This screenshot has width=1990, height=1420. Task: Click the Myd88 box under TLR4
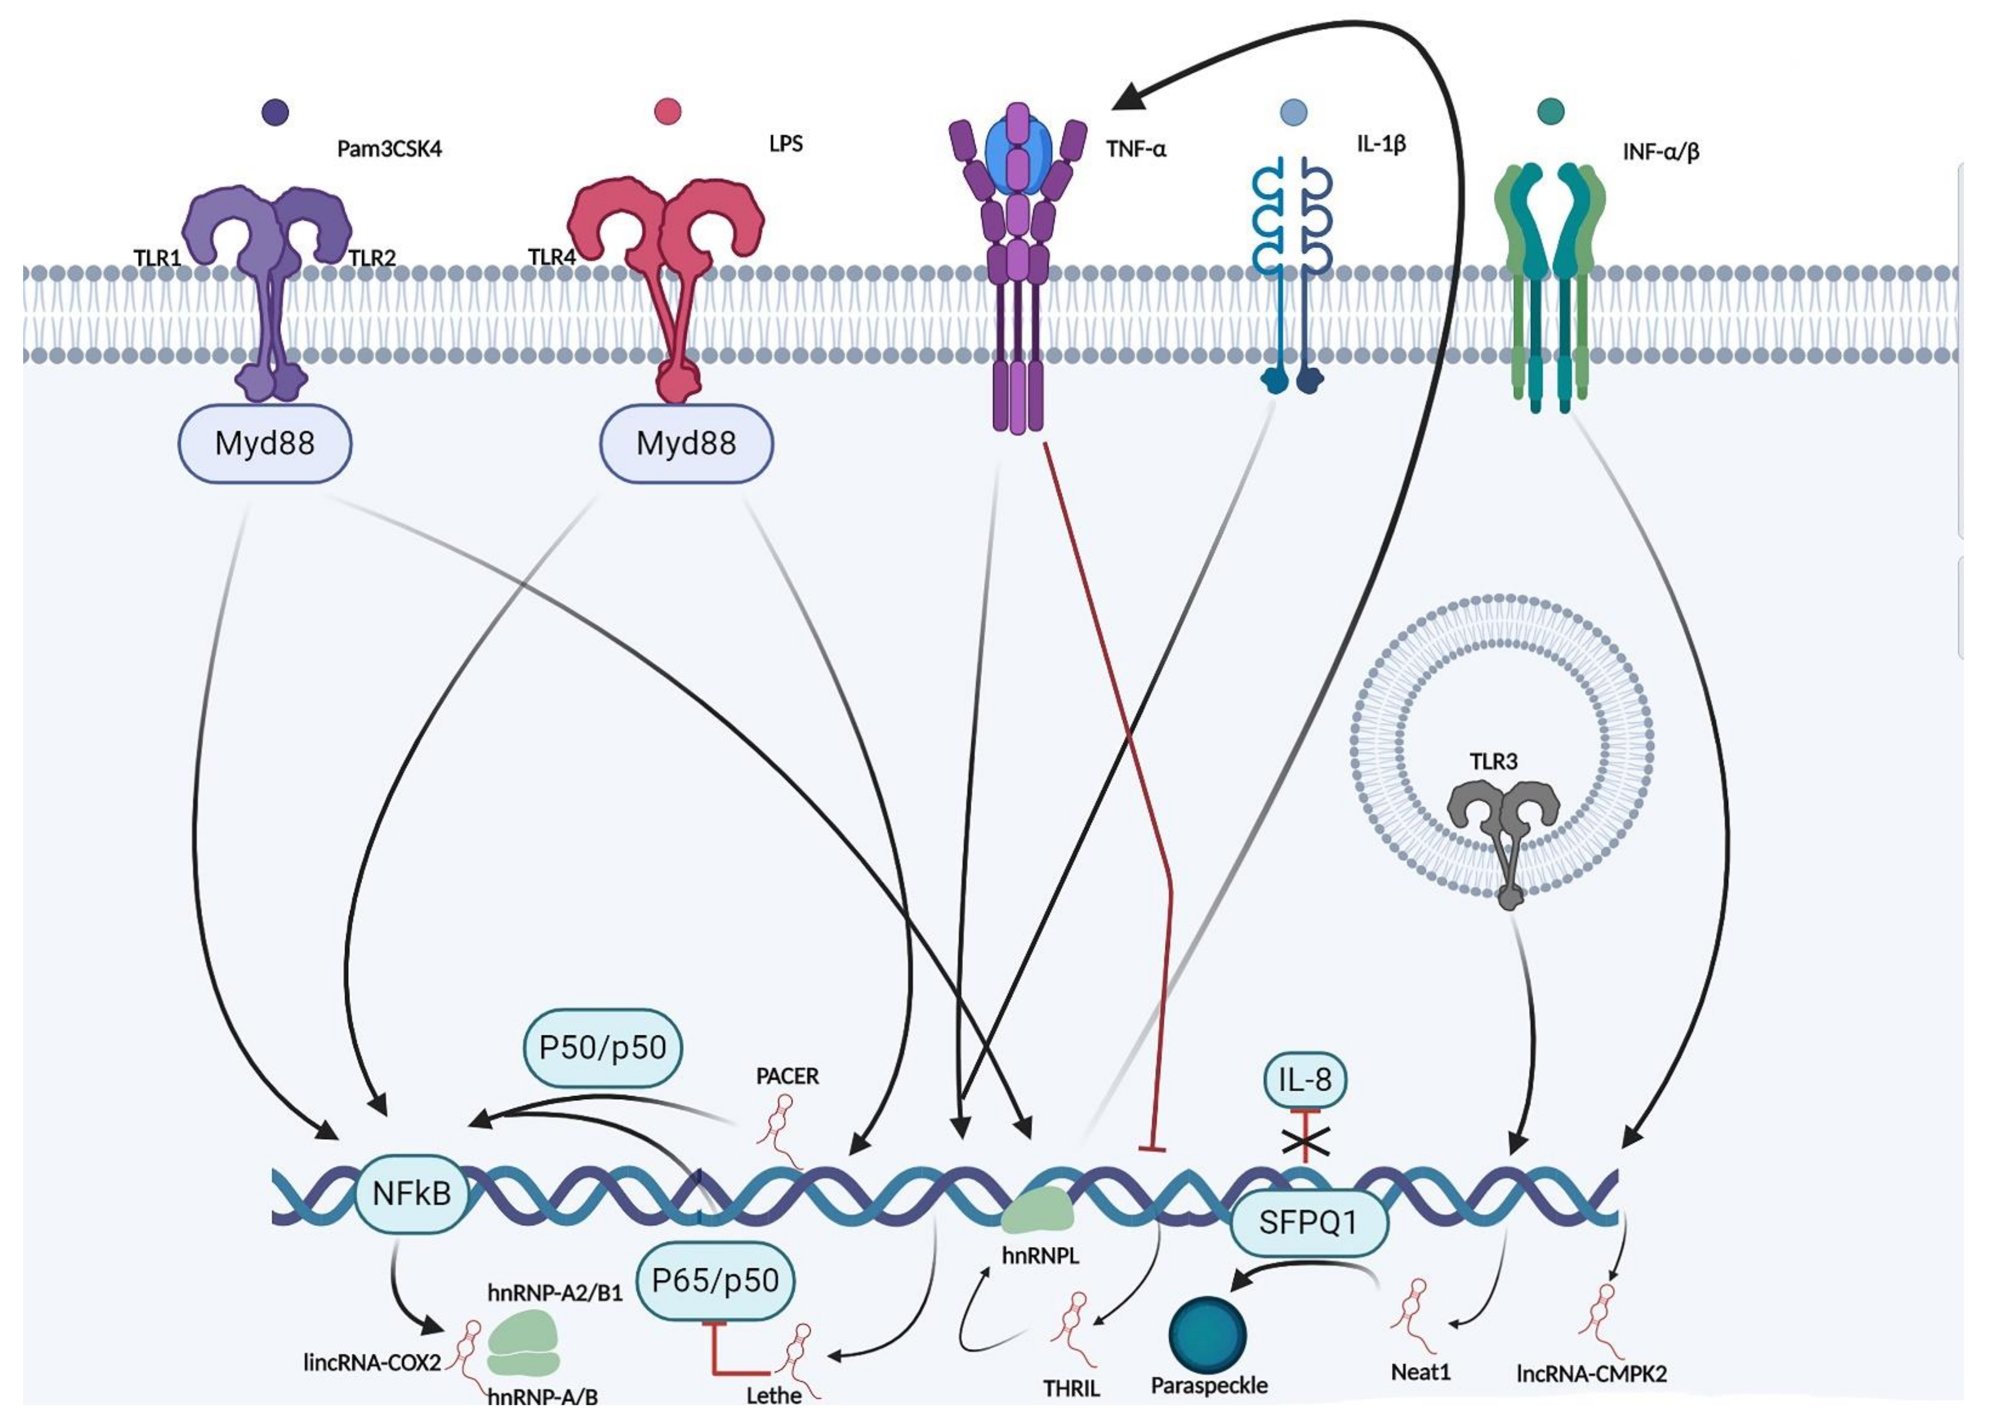point(686,444)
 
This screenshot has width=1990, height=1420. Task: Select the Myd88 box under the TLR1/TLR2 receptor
point(265,444)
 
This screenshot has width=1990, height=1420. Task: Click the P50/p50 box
point(603,1048)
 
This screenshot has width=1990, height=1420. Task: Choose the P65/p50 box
point(715,1281)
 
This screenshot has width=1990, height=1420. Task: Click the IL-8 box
point(1305,1080)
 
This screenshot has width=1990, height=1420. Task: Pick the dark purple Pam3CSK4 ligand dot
point(275,112)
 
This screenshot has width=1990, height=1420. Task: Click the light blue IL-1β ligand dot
point(1293,111)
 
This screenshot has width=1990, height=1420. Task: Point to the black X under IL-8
point(1305,1140)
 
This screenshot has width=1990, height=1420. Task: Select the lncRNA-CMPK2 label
point(1591,1374)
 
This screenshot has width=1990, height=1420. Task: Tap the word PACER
point(787,1077)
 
